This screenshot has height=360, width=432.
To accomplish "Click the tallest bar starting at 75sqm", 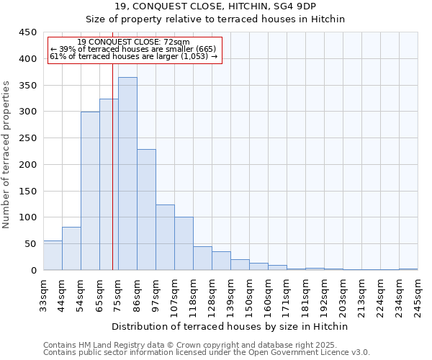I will (127, 174).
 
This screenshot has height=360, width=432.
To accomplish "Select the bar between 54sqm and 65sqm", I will (90, 191).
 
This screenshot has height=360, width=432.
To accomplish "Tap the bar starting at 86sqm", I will (146, 210).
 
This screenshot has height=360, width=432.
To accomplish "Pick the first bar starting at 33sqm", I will (53, 256).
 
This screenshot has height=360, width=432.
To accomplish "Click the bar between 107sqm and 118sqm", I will (184, 243).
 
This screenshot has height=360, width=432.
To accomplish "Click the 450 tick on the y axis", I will (28, 32).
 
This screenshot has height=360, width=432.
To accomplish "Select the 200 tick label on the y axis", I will (28, 165).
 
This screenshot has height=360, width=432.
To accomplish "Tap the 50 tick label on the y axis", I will (31, 244).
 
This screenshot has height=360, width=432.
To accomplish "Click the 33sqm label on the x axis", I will (43, 294).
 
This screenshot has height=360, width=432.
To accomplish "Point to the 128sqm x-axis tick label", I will (212, 294).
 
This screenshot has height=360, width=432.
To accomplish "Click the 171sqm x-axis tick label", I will (287, 294).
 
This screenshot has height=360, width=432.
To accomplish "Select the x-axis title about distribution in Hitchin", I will (231, 326).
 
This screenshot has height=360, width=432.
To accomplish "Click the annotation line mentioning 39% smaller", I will (133, 49).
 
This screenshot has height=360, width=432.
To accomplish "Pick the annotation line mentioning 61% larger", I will (133, 55).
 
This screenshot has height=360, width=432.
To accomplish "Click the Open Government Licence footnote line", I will (206, 352).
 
